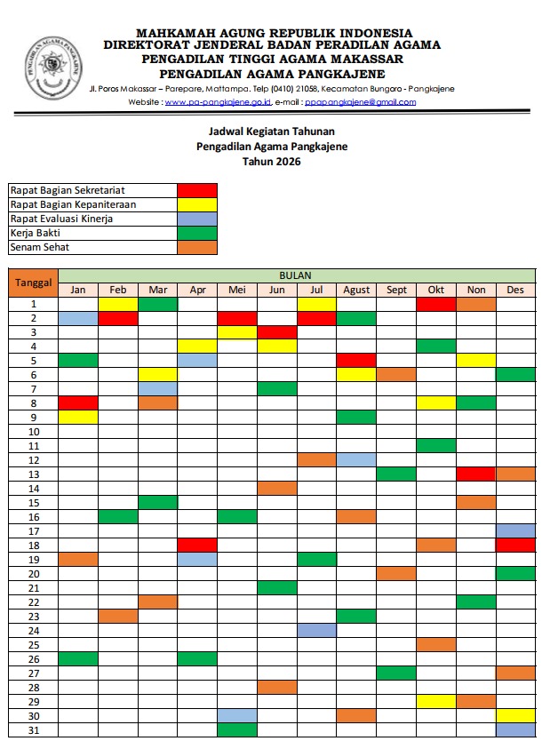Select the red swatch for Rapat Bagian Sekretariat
click(197, 190)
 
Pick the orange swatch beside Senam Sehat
click(197, 247)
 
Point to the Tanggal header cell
click(33, 283)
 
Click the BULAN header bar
click(296, 275)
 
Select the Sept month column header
click(396, 290)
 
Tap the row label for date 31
click(33, 730)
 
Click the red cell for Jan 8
click(78, 403)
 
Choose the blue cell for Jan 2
click(78, 318)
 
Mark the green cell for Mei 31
click(237, 730)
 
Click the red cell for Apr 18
click(197, 545)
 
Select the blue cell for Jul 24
click(316, 630)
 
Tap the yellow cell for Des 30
click(515, 716)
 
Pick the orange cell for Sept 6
click(396, 375)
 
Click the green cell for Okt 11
click(436, 445)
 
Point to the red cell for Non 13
click(475, 474)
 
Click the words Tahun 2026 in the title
click(272, 161)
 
